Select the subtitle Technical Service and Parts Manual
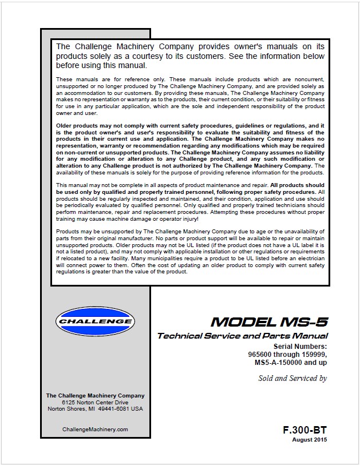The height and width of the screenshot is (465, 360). [x=243, y=336]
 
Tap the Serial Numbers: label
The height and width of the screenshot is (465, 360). [x=300, y=346]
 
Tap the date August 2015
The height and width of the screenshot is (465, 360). [x=310, y=439]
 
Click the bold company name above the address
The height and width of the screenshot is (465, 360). [x=94, y=396]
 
